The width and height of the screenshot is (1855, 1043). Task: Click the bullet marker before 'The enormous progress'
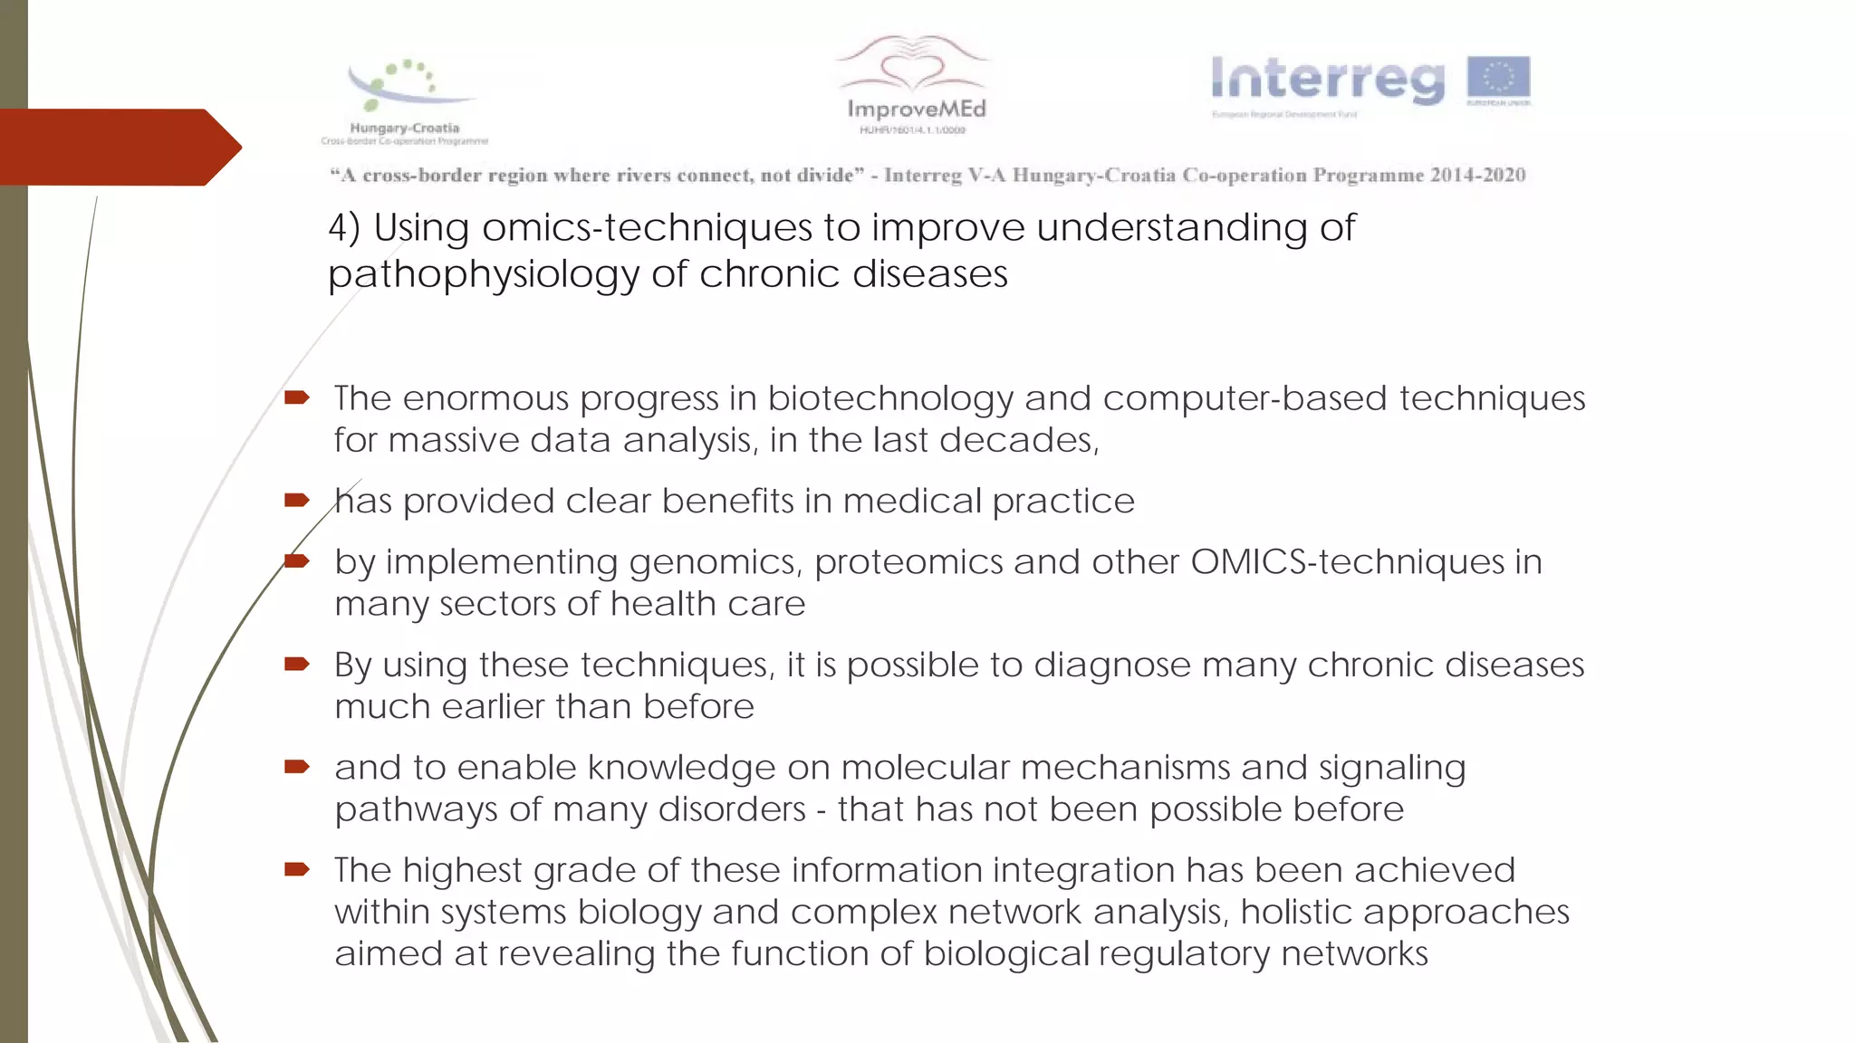coord(297,397)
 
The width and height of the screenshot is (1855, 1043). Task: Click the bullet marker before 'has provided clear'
coord(297,500)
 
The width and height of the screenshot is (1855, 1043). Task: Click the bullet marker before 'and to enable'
coord(297,767)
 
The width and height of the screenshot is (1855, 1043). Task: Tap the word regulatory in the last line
coord(1181,954)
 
